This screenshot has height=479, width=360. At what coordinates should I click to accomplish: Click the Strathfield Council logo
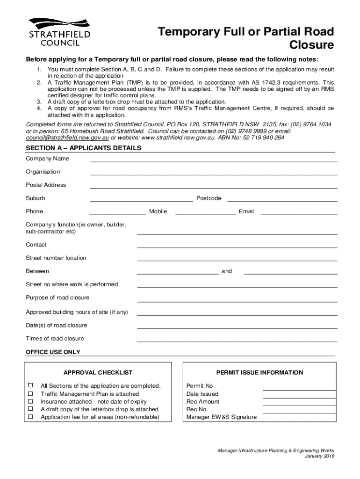pos(59,32)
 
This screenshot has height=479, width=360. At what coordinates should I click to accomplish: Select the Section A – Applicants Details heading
pos(83,148)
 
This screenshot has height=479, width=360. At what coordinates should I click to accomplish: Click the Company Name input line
pos(213,159)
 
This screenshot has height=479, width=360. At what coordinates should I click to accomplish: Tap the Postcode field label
pos(209,198)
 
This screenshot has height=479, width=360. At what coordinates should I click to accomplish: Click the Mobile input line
pos(205,212)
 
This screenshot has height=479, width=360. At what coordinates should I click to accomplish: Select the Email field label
pos(246,211)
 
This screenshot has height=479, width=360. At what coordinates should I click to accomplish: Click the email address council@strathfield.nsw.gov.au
pos(67,138)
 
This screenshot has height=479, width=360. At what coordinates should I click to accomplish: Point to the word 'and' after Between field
pos(226,271)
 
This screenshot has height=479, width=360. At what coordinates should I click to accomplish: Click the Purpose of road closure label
pos(58,298)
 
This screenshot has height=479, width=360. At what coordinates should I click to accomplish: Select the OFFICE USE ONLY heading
pos(53,352)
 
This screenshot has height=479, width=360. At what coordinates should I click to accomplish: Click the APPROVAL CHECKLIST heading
pos(98,373)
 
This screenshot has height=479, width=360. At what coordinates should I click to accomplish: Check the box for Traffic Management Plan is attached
pos(30,393)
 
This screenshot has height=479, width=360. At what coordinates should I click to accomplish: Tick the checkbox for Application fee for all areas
pos(30,416)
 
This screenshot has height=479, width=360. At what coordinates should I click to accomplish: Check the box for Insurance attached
pos(30,401)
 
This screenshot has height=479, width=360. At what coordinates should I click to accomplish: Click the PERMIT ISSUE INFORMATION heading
pos(259,373)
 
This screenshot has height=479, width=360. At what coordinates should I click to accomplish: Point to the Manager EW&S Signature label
pos(221,417)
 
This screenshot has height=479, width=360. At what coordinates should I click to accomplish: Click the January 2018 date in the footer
pos(319,456)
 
